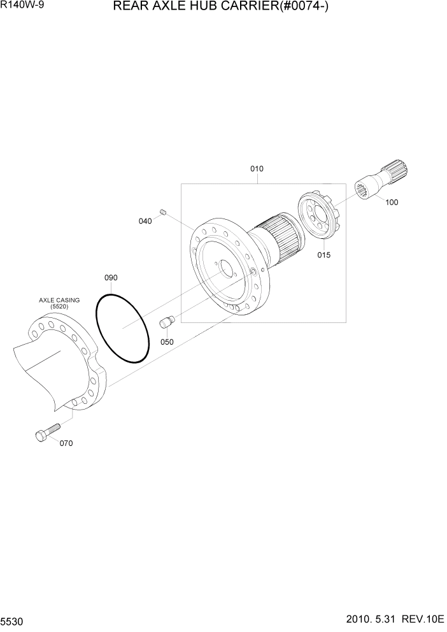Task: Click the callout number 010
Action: (x=257, y=169)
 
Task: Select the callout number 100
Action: (x=392, y=203)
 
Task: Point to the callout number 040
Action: (x=145, y=221)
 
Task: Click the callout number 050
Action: (x=167, y=342)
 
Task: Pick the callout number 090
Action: (x=111, y=278)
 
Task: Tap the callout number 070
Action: (x=66, y=443)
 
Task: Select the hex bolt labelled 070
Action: (x=45, y=433)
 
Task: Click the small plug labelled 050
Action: (x=167, y=323)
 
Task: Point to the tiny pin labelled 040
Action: (x=163, y=212)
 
